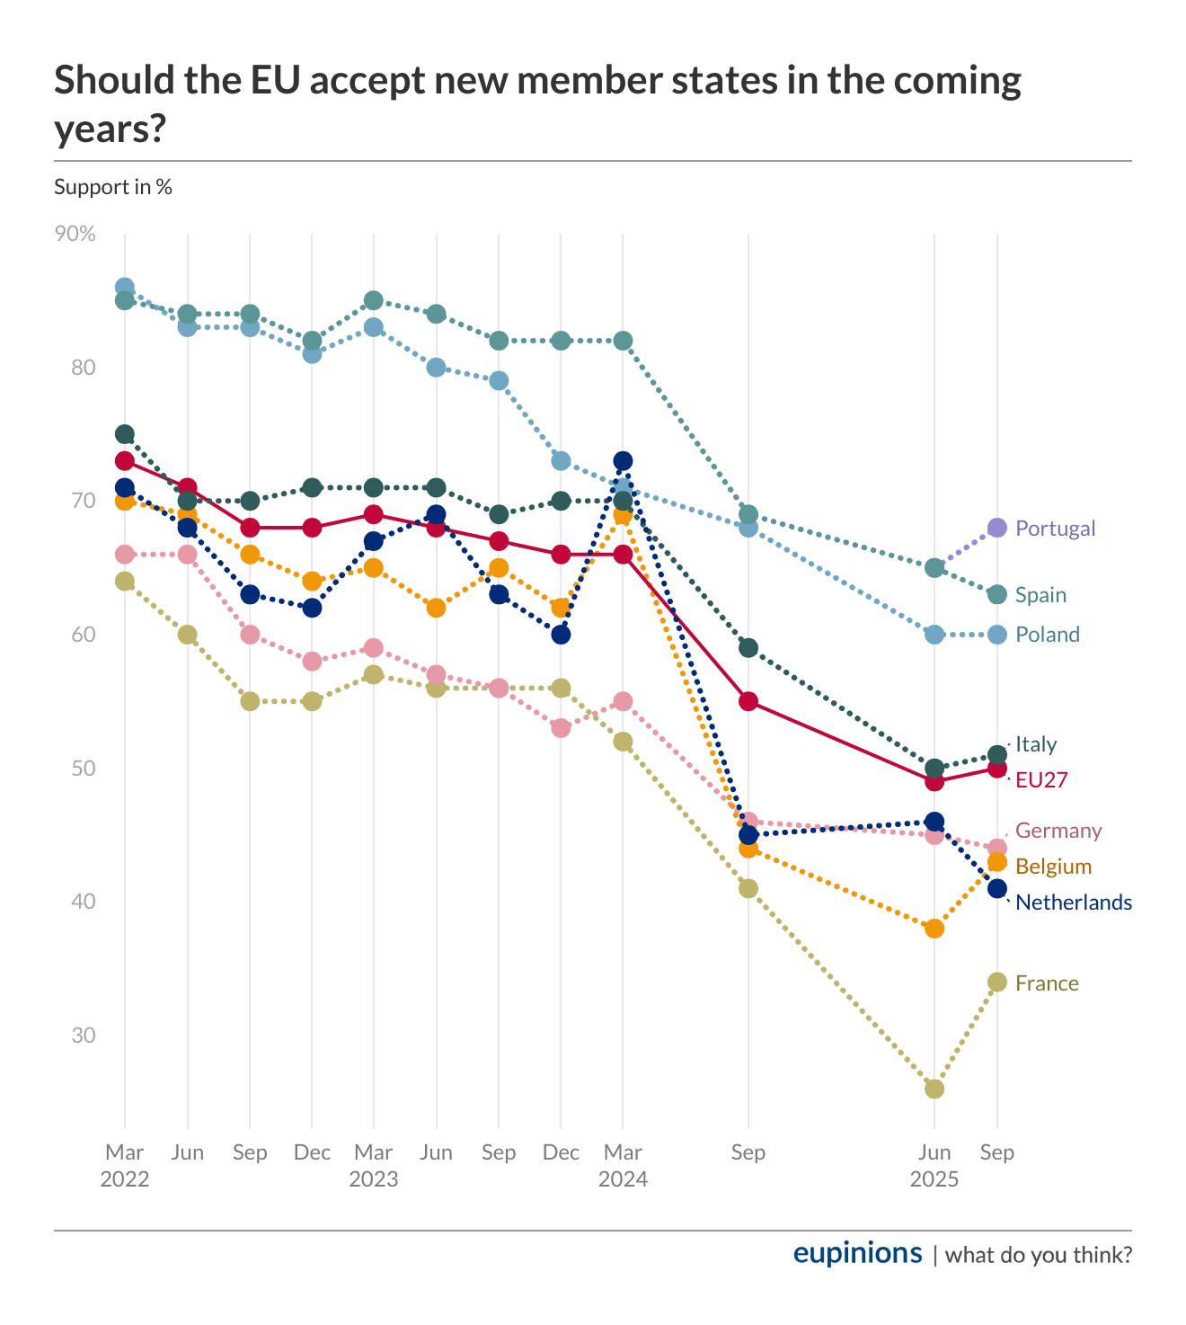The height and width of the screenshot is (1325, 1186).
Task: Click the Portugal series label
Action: [1055, 529]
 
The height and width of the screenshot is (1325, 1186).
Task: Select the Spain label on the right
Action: [1040, 595]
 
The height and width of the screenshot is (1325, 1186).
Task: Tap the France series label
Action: [1047, 983]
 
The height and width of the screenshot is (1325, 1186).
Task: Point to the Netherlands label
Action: [1073, 903]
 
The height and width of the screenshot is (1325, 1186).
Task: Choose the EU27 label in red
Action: [1041, 780]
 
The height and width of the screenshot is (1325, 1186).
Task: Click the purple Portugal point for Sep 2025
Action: [996, 528]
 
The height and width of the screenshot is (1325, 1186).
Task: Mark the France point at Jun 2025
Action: [934, 1089]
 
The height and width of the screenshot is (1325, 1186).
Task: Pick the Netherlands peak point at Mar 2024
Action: [623, 461]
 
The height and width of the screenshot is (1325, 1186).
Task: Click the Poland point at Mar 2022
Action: [125, 288]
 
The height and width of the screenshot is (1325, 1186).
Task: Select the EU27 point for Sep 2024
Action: [748, 701]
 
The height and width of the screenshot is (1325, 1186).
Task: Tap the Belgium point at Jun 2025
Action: [934, 929]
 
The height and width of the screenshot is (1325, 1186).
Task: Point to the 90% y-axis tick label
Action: [75, 234]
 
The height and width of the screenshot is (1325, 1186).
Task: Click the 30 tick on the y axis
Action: [84, 1036]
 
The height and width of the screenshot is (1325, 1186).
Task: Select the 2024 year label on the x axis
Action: [623, 1178]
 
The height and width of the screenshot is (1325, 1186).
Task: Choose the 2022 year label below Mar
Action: [125, 1178]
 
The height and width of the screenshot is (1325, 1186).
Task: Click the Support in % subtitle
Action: [113, 187]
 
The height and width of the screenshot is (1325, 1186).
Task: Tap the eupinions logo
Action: [857, 1253]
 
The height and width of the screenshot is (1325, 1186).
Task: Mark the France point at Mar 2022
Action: [125, 582]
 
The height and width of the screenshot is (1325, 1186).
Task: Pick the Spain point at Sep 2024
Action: [748, 515]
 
